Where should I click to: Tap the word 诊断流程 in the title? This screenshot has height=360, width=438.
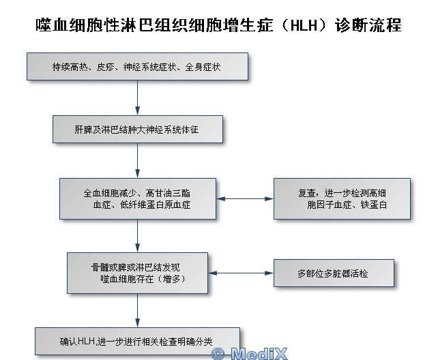(368, 25)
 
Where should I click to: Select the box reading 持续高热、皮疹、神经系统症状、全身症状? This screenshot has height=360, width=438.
(137, 66)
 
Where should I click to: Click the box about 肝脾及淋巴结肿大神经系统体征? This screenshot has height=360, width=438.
(138, 130)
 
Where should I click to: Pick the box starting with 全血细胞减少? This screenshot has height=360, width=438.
(138, 198)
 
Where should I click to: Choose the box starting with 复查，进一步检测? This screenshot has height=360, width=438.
(342, 198)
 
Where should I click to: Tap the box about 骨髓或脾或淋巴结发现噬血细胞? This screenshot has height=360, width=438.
(137, 273)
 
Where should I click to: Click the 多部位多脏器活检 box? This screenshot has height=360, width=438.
(334, 273)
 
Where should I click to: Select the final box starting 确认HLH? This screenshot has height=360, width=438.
(137, 341)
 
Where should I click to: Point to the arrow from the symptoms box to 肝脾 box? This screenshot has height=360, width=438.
(137, 97)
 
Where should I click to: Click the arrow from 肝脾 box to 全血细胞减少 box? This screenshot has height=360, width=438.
(137, 160)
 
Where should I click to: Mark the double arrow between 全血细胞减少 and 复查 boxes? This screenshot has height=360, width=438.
(245, 198)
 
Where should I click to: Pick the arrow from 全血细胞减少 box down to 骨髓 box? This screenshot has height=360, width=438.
(137, 236)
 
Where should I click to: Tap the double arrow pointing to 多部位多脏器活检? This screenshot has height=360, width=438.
(241, 273)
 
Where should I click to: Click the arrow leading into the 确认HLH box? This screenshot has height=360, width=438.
(137, 310)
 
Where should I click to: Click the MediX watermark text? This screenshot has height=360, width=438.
(259, 354)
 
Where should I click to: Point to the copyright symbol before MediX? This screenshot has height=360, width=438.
(218, 354)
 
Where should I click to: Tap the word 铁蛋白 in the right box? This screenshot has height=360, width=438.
(374, 205)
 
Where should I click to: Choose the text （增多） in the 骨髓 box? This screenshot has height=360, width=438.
(171, 279)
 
